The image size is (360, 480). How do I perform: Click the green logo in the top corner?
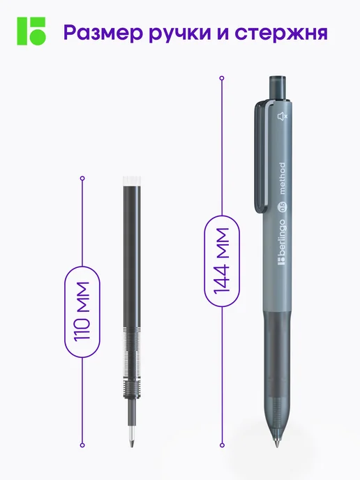click(x=31, y=31)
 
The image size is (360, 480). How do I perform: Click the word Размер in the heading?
click(x=103, y=33)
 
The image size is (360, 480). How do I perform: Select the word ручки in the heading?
click(x=180, y=33)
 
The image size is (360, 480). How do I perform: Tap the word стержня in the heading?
click(x=281, y=33)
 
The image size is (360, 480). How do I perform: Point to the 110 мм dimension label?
click(x=82, y=311)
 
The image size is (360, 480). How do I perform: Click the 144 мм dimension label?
click(x=222, y=261)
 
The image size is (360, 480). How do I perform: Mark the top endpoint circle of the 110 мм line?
click(x=82, y=178)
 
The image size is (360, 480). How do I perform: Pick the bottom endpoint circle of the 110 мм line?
click(x=82, y=445)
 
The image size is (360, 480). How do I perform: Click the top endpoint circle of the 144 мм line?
click(x=222, y=78)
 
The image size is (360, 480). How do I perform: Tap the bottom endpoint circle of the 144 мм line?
click(x=223, y=445)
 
